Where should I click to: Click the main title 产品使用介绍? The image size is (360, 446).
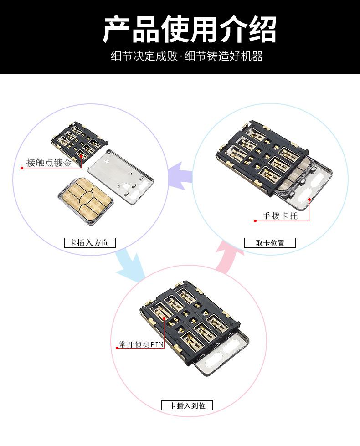tap(189, 30)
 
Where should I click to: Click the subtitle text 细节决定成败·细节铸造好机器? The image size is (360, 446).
tap(187, 56)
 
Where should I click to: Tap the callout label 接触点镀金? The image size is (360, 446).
tap(49, 163)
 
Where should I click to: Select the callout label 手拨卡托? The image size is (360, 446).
tap(280, 216)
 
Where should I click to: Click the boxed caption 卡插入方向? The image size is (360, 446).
tap(90, 243)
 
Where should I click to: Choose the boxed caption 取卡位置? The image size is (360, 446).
tap(270, 243)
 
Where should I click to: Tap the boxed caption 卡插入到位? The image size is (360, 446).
tap(187, 405)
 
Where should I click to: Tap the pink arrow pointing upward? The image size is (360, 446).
tap(228, 258)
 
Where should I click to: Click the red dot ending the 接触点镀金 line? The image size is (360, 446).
tap(21, 168)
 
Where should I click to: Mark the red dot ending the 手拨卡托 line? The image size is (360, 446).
tap(255, 221)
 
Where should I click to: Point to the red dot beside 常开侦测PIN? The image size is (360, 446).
tap(117, 348)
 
